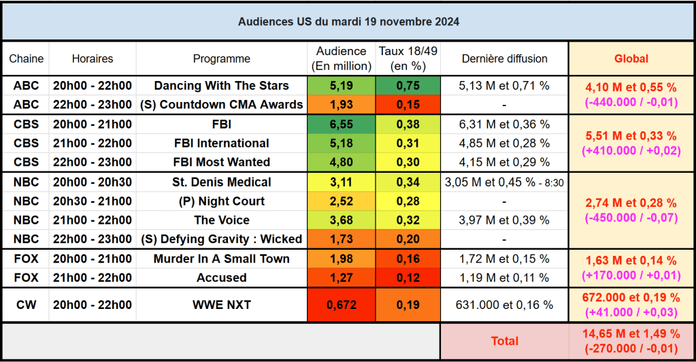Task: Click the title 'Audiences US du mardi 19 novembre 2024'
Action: click(x=348, y=22)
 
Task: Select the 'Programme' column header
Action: click(x=221, y=59)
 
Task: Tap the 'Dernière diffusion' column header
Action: click(x=504, y=59)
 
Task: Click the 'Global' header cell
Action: click(x=631, y=59)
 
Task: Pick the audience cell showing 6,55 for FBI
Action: click(x=341, y=125)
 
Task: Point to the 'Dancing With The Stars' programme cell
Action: click(x=221, y=86)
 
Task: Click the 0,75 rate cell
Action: click(x=408, y=86)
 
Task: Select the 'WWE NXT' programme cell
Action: click(x=221, y=305)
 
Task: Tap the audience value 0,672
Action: click(x=341, y=305)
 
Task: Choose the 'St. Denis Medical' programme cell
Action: click(x=221, y=182)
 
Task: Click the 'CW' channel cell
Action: click(x=26, y=305)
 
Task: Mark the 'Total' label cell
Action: click(x=504, y=341)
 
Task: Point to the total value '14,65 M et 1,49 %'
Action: click(x=631, y=334)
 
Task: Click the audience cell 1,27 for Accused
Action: click(x=341, y=278)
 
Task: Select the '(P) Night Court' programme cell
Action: click(x=221, y=201)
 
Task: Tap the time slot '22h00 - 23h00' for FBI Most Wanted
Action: click(x=93, y=162)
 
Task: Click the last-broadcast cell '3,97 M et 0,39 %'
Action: click(x=504, y=220)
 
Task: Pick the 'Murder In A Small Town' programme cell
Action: click(x=221, y=259)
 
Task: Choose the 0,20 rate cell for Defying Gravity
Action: click(x=408, y=240)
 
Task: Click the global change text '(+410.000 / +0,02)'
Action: click(x=631, y=151)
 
